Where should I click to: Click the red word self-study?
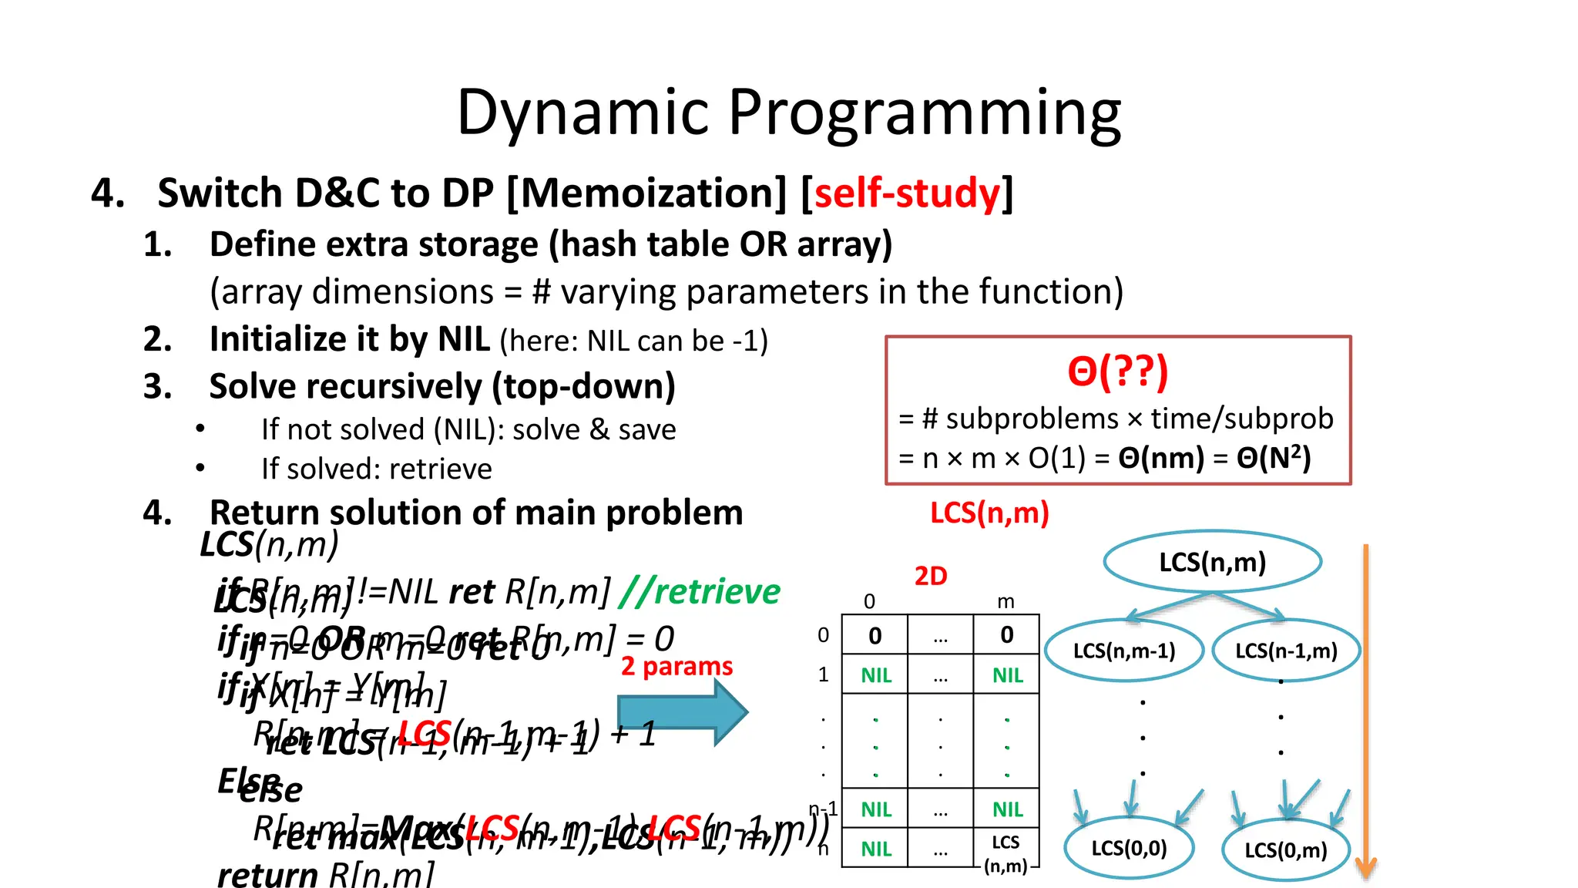[x=907, y=193]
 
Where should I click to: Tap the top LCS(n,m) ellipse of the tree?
[x=1212, y=562]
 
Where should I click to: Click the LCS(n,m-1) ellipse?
[x=1123, y=651]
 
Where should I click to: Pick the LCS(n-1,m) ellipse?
[x=1285, y=651]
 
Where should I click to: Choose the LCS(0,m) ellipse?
[x=1285, y=849]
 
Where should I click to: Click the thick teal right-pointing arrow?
[x=682, y=711]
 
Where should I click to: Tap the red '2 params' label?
[x=677, y=666]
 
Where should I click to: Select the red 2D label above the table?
[x=930, y=576]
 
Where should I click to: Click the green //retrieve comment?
[x=700, y=591]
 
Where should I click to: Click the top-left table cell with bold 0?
[x=875, y=635]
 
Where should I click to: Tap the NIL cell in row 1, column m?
[x=1007, y=675]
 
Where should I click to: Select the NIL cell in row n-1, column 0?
[x=875, y=809]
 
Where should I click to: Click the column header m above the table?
[x=1006, y=601]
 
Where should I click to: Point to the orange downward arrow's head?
[x=1365, y=867]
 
